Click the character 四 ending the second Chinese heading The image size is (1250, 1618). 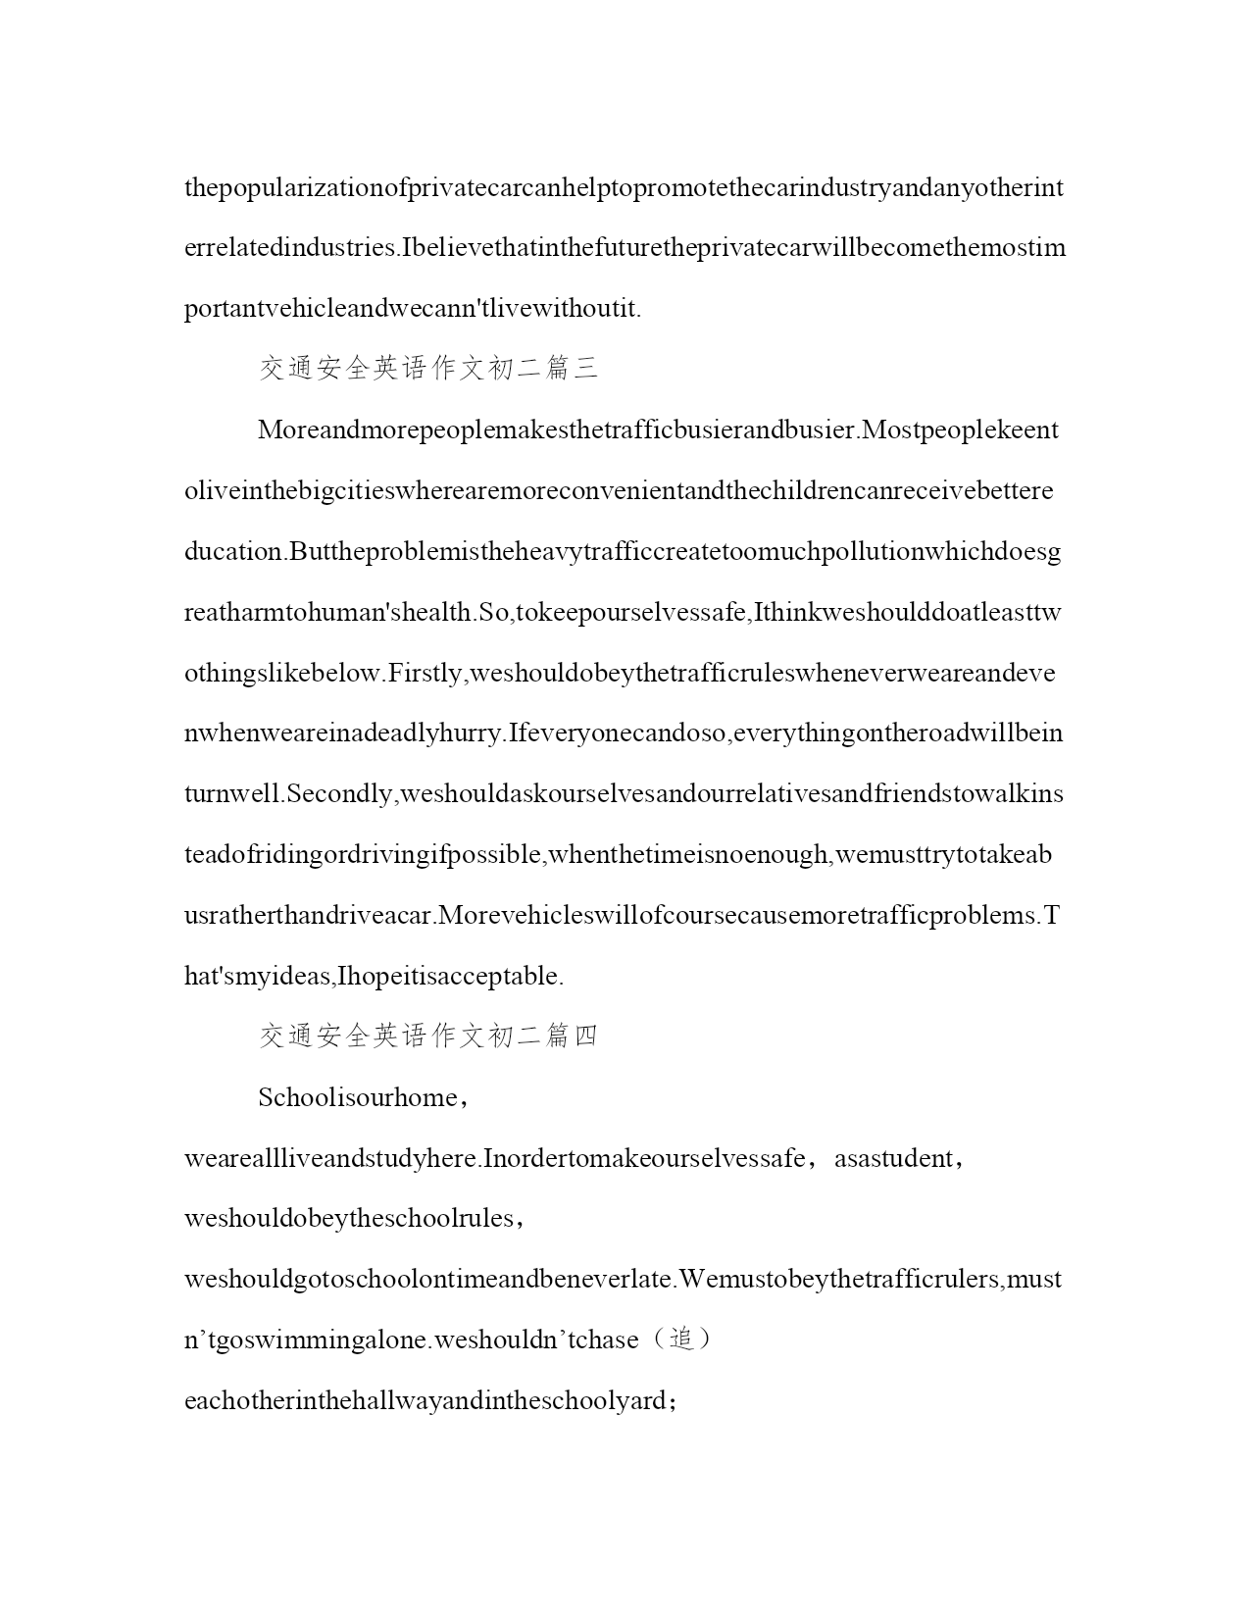click(585, 1037)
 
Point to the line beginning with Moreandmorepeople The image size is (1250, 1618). click(657, 430)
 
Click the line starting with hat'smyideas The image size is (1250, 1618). click(374, 976)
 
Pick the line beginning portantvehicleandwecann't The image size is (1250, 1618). click(412, 308)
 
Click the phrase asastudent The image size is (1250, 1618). click(891, 1158)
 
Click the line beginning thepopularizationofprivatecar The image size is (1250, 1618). click(624, 187)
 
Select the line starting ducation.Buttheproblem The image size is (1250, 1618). click(622, 551)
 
